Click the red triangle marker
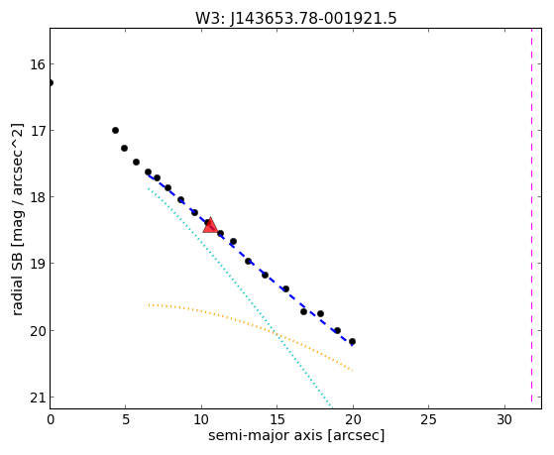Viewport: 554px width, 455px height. pos(210,226)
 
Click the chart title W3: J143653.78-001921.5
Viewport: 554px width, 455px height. pos(296,18)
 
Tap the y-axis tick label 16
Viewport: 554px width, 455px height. pos(38,64)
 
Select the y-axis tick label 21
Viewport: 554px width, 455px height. pos(38,398)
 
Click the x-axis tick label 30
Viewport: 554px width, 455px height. pos(504,419)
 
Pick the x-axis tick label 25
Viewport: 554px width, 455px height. pos(428,419)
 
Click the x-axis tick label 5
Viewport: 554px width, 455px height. pos(126,419)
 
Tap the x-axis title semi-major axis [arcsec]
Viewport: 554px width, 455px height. pos(296,435)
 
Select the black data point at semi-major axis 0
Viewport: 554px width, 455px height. pos(51,82)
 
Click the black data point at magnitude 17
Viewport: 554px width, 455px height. pos(115,131)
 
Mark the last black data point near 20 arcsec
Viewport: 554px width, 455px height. pos(352,342)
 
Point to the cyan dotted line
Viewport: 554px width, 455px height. pos(240,296)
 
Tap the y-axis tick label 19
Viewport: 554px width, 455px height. pos(38,264)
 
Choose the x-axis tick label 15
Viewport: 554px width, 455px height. pos(277,419)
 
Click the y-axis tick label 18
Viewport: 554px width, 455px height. pos(38,197)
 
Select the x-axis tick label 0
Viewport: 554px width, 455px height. pos(51,419)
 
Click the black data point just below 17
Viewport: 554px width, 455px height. pos(124,148)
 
